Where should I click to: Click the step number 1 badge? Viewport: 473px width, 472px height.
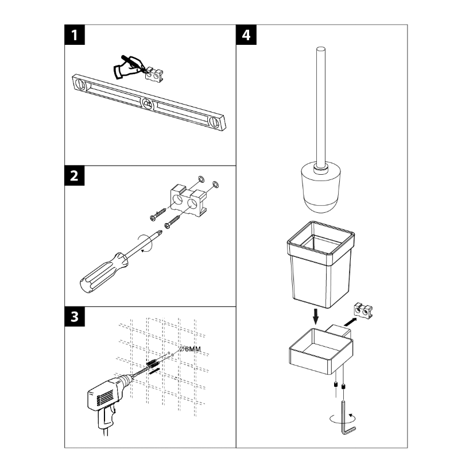75,36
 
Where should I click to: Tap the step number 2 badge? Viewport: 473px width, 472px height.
75,176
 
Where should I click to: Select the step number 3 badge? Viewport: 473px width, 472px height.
75,317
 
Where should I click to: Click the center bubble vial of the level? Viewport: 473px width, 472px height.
148,104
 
